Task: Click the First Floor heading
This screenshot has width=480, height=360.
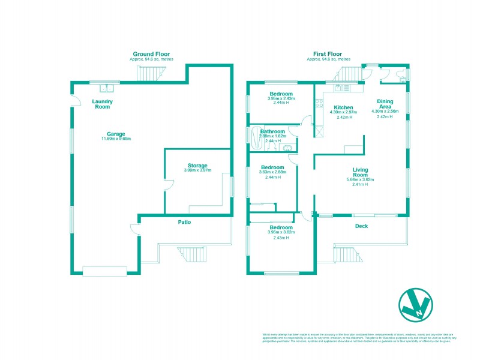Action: click(x=328, y=54)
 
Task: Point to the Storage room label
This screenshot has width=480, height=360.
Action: click(x=197, y=166)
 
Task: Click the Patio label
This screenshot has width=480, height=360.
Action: click(x=184, y=222)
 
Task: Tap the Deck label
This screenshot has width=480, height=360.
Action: click(x=361, y=226)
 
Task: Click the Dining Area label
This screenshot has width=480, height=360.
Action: click(x=385, y=104)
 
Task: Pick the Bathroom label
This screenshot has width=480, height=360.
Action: click(x=272, y=131)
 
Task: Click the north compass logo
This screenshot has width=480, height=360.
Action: click(x=414, y=306)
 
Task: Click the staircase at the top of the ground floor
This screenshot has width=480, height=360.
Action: click(x=150, y=74)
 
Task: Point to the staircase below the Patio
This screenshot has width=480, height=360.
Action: click(x=190, y=254)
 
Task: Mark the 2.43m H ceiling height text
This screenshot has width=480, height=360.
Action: click(x=281, y=238)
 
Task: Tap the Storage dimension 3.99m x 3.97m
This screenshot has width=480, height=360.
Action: click(x=197, y=170)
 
